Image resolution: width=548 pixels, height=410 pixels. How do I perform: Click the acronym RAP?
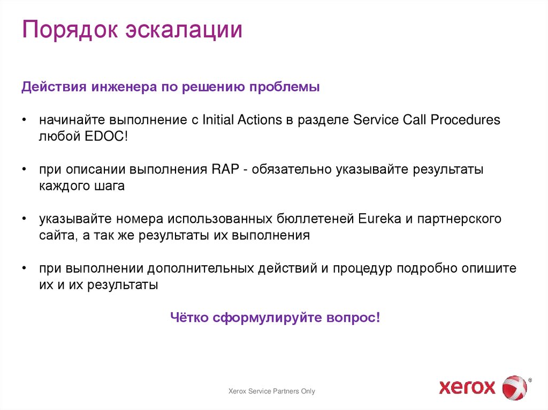219,169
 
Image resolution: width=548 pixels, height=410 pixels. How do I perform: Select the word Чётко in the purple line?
189,318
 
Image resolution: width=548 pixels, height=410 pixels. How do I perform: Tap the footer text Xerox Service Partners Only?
272,391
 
